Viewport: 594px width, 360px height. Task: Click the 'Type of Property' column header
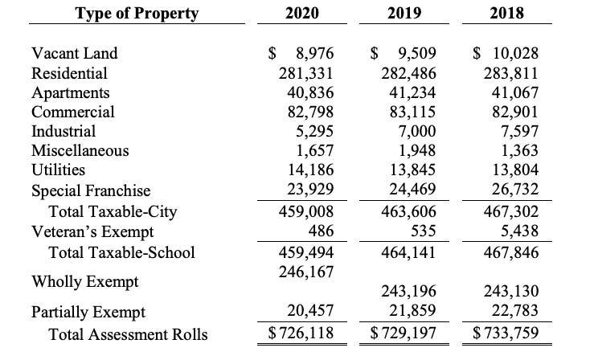[137, 13]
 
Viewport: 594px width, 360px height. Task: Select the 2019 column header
[404, 13]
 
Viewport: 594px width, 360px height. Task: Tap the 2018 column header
[507, 13]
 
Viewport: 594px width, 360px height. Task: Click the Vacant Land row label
[75, 53]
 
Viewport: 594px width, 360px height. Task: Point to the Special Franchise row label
[91, 190]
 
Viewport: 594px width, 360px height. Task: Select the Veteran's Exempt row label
[92, 231]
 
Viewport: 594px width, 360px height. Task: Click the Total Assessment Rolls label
[128, 334]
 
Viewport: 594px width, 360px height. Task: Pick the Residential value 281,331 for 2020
[306, 73]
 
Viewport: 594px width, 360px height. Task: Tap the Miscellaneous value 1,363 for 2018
[520, 150]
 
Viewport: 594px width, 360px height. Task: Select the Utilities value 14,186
[311, 170]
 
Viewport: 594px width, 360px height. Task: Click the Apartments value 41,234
[412, 92]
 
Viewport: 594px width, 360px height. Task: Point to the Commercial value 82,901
[515, 112]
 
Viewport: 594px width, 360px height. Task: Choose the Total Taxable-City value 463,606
[409, 211]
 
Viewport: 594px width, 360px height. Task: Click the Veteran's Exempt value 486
[321, 231]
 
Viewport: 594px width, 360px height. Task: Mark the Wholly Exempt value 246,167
[306, 272]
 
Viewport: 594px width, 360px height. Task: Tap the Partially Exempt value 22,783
[515, 310]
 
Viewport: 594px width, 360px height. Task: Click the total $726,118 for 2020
[301, 333]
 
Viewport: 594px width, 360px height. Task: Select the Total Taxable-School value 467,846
[511, 252]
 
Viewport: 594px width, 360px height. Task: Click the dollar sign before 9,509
[375, 53]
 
